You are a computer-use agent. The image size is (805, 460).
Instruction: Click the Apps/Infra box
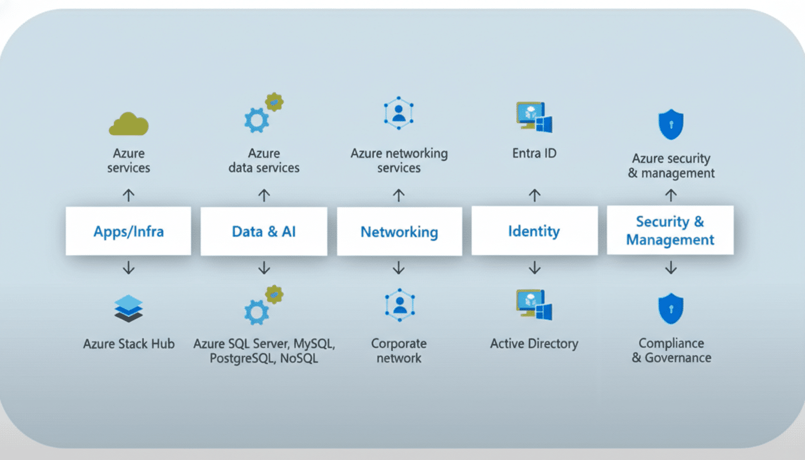(128, 231)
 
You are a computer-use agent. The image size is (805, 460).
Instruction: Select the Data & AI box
(264, 231)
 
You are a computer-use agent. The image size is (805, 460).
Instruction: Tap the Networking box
(399, 232)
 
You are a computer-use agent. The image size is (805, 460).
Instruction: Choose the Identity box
(534, 231)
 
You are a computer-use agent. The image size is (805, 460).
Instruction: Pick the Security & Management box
(670, 231)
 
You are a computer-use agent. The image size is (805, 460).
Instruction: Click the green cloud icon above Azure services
(128, 124)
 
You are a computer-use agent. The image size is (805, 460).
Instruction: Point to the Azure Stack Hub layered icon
(128, 309)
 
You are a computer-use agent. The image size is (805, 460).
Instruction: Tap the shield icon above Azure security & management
(670, 124)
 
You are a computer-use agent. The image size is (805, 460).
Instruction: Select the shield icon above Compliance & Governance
(670, 308)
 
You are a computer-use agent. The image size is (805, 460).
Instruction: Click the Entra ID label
(534, 153)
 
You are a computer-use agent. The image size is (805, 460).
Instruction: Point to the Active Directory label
(534, 344)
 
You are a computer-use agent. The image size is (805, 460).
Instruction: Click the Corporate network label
(399, 351)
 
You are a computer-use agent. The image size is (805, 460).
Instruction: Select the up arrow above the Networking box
(399, 195)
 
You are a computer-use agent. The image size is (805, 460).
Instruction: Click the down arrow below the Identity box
(534, 268)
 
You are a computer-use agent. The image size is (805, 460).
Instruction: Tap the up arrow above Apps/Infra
(128, 195)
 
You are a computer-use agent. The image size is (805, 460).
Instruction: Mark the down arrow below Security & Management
(671, 268)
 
